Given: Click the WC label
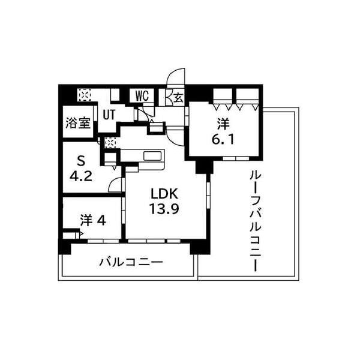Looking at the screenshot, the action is pos(142,96).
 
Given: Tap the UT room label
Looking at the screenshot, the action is pos(109,115).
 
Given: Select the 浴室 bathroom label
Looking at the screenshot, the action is pos(78,122).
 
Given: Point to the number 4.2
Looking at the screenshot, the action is pos(81,176).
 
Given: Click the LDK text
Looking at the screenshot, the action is pos(164,194).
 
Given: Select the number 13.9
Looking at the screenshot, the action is pos(164,209).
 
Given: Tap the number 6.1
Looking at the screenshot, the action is pos(223,139).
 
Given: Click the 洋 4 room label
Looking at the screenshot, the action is pos(93,221).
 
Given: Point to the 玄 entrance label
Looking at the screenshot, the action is pos(179,97).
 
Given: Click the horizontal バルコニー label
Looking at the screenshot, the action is pos(131,262).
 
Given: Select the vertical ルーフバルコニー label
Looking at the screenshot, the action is pos(256,221).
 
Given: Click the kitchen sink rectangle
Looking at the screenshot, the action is pos(153,157).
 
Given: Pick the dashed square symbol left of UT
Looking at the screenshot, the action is pos(84,95).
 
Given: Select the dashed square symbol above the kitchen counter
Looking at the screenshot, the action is pos(110,143).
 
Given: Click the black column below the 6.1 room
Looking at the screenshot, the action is pos(205,167).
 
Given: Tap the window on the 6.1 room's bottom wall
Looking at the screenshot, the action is pos(236,158).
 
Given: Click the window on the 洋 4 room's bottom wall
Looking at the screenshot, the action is pos(103,241).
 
